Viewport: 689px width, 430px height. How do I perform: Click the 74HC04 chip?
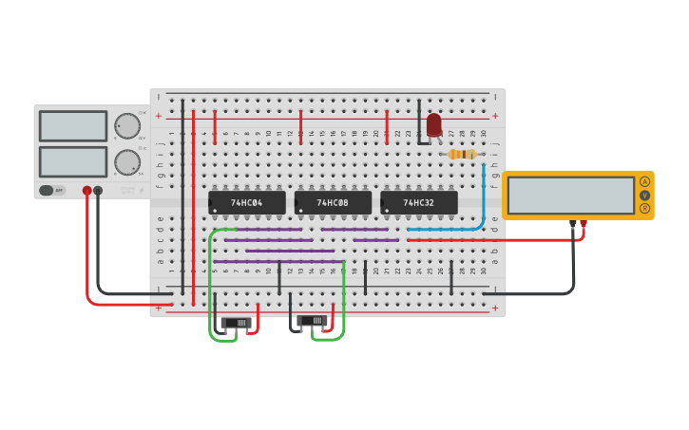click(246, 202)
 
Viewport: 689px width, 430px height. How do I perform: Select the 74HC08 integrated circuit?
click(333, 202)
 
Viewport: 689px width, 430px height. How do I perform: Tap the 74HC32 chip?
click(419, 202)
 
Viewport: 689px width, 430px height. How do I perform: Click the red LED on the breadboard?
click(434, 124)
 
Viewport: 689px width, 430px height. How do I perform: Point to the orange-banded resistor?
click(461, 154)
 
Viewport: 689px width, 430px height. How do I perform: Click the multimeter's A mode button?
click(645, 181)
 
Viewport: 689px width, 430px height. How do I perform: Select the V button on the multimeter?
click(645, 195)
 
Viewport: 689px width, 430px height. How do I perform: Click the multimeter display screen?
click(570, 196)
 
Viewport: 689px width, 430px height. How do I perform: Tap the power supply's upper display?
click(73, 125)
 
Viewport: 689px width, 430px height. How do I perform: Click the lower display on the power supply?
click(73, 161)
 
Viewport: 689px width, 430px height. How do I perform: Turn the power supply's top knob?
click(126, 125)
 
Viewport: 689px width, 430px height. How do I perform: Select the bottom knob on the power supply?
click(126, 162)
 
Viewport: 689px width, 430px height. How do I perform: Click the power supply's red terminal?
click(87, 191)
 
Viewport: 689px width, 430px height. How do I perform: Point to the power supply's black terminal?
click(98, 191)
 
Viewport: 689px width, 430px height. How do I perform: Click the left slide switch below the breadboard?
click(237, 323)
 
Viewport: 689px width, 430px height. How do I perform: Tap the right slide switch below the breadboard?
click(313, 321)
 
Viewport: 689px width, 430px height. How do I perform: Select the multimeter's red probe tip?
click(583, 225)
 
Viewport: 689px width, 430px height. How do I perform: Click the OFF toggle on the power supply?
click(52, 190)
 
